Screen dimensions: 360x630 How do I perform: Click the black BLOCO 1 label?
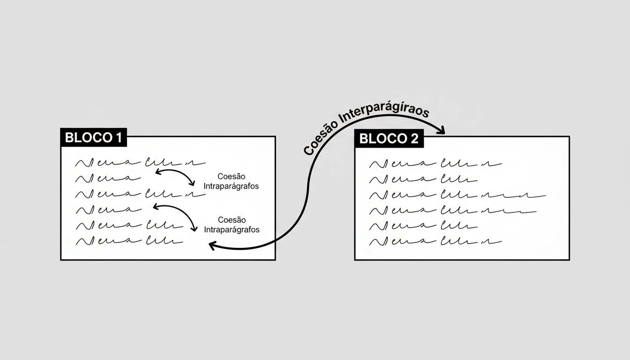click(x=93, y=137)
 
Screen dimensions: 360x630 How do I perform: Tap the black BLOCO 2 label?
click(x=389, y=139)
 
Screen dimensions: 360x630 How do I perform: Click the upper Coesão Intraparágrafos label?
click(x=231, y=181)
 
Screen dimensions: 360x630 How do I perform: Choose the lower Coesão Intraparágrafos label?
click(x=232, y=225)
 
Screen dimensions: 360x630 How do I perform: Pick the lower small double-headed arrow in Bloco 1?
click(x=174, y=216)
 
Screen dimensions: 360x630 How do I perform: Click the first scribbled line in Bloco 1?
click(x=140, y=163)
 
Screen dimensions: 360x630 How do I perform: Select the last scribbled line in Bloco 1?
click(x=129, y=241)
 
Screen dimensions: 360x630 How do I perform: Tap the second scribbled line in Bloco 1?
click(x=108, y=178)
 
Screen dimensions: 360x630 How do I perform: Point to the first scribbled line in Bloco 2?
click(x=435, y=164)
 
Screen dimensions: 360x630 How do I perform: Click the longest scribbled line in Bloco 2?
click(x=457, y=195)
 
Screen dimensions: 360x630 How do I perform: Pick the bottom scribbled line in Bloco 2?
click(x=435, y=242)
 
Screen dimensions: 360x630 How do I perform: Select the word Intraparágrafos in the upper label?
click(x=231, y=186)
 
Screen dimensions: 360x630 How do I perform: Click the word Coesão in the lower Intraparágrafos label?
click(x=232, y=220)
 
